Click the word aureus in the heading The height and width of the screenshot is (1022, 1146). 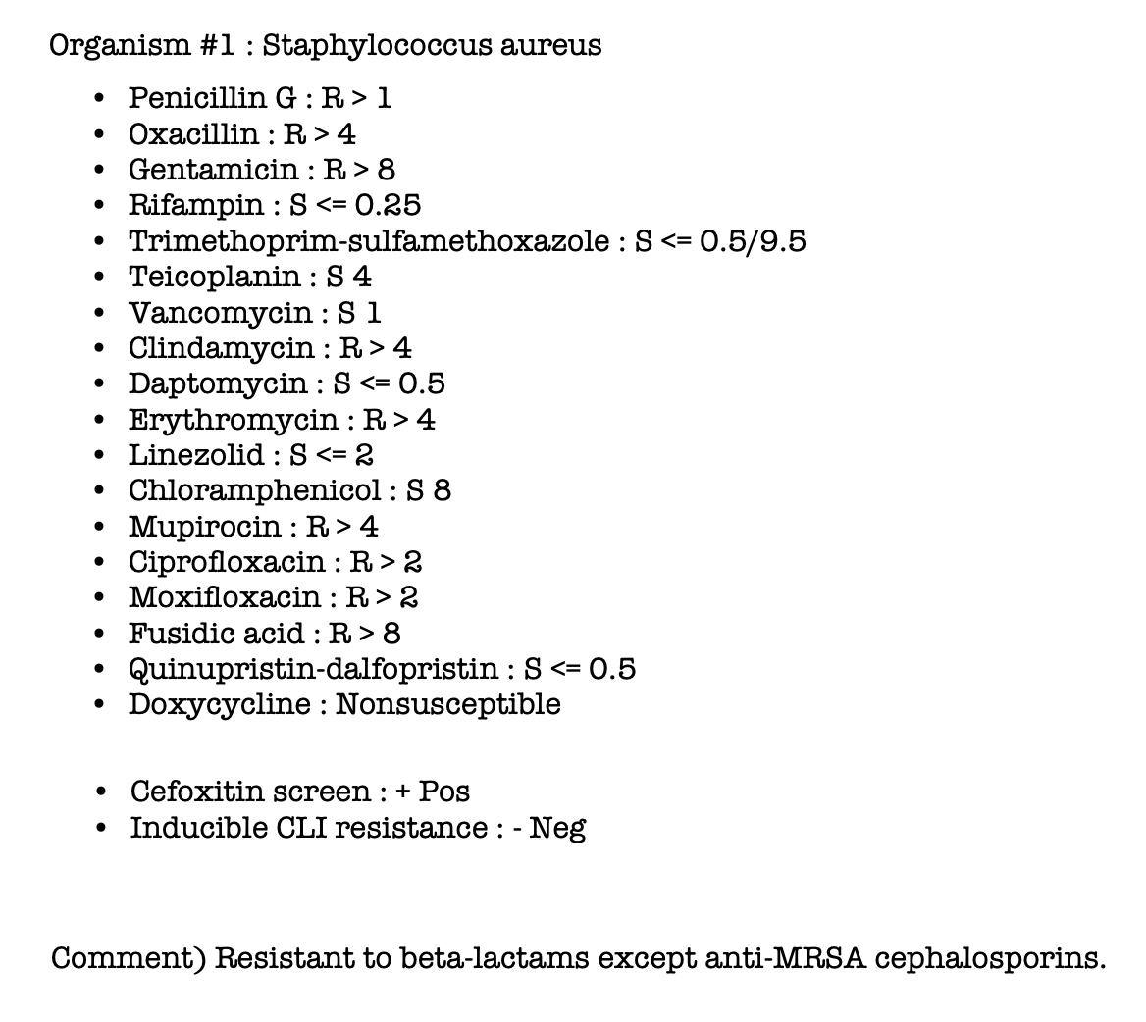tap(550, 45)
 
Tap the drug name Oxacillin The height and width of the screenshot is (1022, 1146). tap(193, 133)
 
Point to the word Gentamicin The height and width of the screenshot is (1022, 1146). tap(213, 170)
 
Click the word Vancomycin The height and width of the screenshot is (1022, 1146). tap(220, 313)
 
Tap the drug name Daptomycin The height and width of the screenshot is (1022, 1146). tap(218, 383)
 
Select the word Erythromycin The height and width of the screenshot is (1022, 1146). tap(233, 420)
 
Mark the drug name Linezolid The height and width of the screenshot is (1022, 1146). tap(196, 455)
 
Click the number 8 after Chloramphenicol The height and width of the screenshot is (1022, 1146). tap(442, 490)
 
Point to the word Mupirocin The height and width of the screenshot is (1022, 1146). tap(204, 527)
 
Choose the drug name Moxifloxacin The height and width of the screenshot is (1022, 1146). tap(224, 597)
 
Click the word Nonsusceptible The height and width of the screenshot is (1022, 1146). tap(448, 704)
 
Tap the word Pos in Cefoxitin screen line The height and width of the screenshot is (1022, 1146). tap(444, 791)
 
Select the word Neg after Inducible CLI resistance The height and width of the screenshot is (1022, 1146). tap(557, 828)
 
